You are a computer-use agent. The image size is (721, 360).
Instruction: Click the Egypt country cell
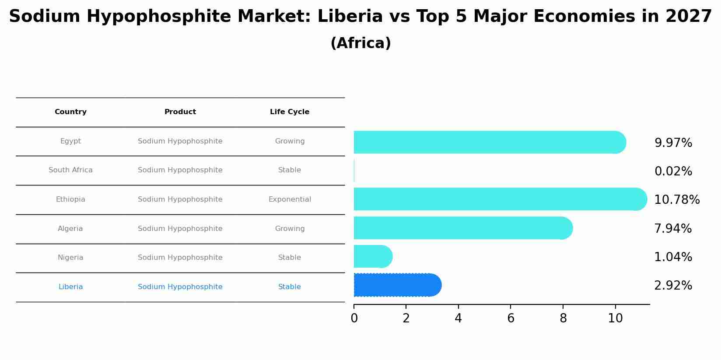pyautogui.click(x=70, y=141)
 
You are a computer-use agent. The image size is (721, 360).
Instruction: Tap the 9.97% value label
pyautogui.click(x=673, y=143)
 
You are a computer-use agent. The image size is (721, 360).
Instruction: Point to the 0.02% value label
pyautogui.click(x=673, y=171)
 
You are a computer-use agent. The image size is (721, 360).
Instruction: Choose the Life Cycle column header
pyautogui.click(x=290, y=112)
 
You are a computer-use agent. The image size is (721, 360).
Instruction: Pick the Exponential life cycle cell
pyautogui.click(x=290, y=199)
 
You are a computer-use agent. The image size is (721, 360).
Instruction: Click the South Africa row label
pyautogui.click(x=70, y=170)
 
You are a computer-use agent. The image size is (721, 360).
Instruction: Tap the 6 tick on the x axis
pyautogui.click(x=511, y=318)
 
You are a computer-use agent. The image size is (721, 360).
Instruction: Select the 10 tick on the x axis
pyautogui.click(x=615, y=318)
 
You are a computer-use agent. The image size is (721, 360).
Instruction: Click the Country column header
pyautogui.click(x=70, y=112)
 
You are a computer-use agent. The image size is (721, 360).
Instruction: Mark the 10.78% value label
pyautogui.click(x=677, y=200)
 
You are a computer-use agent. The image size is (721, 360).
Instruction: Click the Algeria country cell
pyautogui.click(x=70, y=229)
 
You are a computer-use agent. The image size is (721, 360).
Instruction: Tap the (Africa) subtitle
pyautogui.click(x=360, y=43)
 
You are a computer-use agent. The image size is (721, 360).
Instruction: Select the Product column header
pyautogui.click(x=180, y=112)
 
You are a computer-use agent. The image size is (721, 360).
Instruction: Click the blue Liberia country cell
pyautogui.click(x=70, y=287)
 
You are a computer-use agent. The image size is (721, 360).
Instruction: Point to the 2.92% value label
pyautogui.click(x=673, y=286)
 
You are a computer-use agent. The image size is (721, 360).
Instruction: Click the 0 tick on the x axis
pyautogui.click(x=354, y=318)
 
